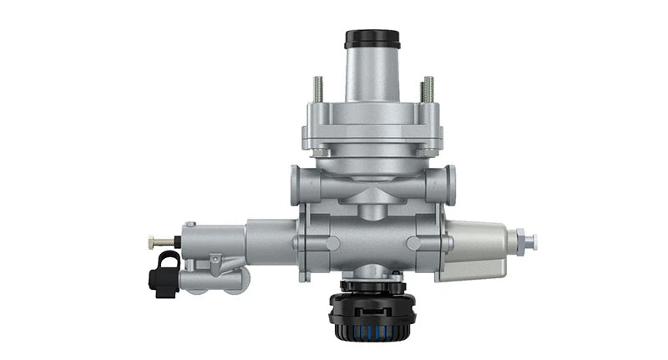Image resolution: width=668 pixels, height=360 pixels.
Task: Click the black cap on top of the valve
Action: tap(372, 39)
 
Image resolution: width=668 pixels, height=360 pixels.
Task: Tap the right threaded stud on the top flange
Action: tap(428, 89)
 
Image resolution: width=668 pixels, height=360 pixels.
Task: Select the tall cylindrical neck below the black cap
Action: tap(372, 75)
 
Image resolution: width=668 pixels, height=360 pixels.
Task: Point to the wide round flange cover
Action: tap(372, 125)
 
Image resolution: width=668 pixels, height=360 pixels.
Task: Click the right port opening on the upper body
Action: tap(451, 180)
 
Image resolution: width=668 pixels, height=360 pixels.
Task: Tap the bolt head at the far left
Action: tap(152, 241)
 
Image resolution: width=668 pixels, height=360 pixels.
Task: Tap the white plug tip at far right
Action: tap(531, 242)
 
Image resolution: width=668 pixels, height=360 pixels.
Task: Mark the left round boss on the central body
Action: tap(331, 243)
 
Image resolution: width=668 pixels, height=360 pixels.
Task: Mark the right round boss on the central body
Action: tap(415, 243)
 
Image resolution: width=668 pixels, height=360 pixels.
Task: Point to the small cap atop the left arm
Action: tap(190, 226)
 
